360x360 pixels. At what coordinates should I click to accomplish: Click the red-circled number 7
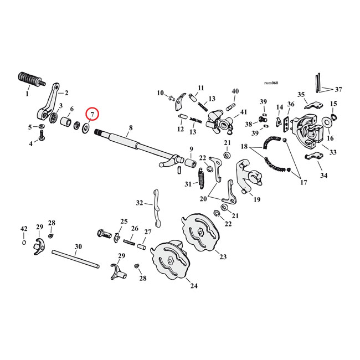click(x=92, y=115)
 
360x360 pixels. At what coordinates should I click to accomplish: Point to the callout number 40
click(x=235, y=91)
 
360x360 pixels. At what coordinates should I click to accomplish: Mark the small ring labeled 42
click(x=24, y=243)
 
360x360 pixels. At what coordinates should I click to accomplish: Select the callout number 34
click(x=323, y=176)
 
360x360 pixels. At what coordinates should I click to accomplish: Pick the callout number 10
click(x=160, y=92)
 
